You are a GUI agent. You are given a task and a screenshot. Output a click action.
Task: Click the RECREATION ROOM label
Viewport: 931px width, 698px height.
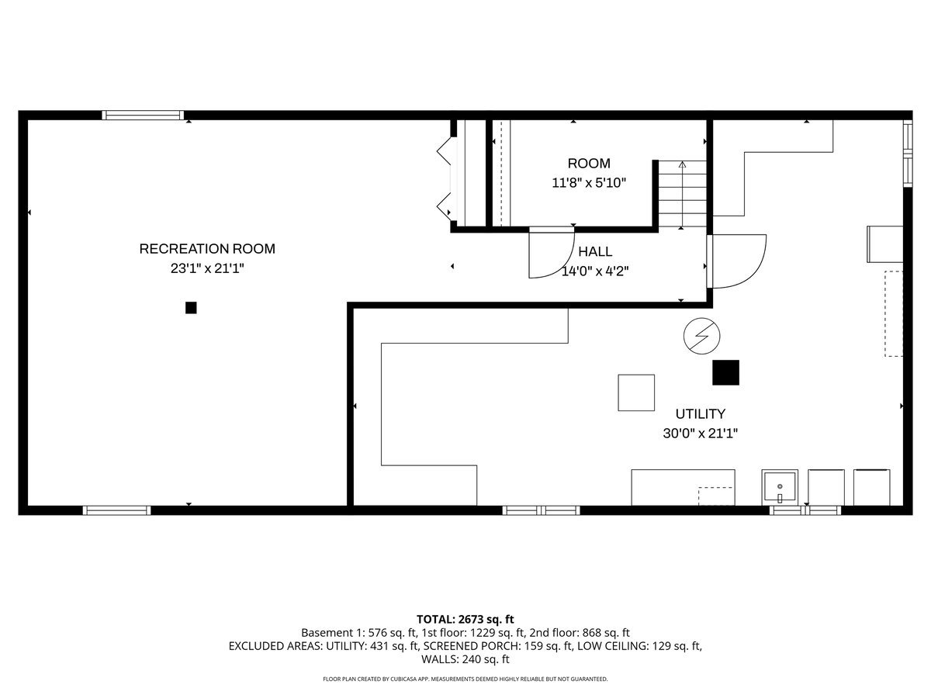(x=207, y=249)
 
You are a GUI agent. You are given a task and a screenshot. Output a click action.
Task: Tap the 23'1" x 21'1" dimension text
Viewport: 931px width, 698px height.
(x=207, y=268)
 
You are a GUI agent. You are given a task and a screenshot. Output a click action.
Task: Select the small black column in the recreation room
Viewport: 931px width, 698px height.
(x=191, y=308)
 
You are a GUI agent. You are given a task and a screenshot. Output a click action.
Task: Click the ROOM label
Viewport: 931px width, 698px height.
(x=589, y=164)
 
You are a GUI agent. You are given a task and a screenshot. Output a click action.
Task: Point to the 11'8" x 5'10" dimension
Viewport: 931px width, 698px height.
(x=589, y=183)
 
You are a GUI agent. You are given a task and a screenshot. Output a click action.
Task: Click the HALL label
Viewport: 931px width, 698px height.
(x=595, y=251)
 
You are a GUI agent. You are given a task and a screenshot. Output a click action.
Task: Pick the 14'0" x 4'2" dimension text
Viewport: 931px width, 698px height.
(x=596, y=271)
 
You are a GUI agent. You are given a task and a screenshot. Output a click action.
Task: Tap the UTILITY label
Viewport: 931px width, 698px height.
(x=700, y=414)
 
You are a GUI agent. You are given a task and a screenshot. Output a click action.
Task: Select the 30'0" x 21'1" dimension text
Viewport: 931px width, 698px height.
(x=700, y=434)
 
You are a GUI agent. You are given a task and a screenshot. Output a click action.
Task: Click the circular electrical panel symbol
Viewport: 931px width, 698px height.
(x=701, y=336)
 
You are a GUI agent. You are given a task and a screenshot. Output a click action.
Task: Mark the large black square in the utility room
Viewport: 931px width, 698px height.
(x=726, y=372)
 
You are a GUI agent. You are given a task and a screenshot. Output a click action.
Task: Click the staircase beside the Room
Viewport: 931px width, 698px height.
(x=683, y=194)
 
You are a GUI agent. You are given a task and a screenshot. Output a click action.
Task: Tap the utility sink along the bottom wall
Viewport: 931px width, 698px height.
(x=778, y=487)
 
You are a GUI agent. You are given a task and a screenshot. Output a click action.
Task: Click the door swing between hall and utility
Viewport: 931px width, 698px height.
(x=737, y=261)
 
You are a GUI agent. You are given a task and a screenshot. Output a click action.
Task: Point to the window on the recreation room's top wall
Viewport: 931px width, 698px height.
(x=144, y=116)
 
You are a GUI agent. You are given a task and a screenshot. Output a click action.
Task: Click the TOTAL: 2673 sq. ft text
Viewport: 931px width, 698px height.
(x=465, y=619)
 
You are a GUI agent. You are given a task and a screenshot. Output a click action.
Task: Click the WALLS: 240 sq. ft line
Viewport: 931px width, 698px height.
(x=465, y=659)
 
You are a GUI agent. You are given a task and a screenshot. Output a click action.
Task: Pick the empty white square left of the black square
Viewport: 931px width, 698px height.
(x=636, y=392)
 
